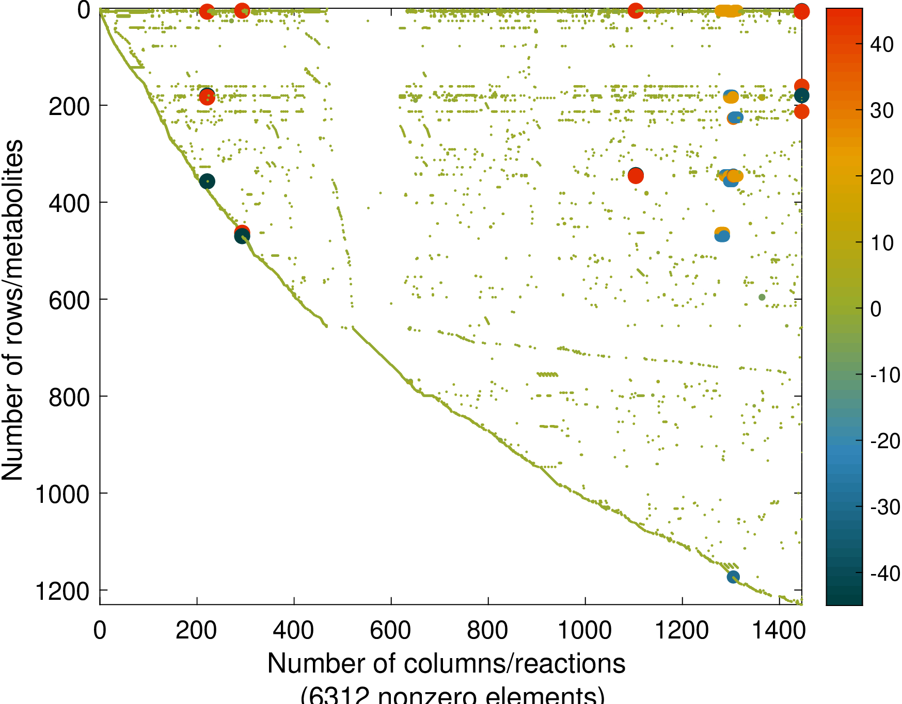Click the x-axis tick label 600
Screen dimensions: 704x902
click(x=390, y=630)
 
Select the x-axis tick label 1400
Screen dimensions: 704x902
click(x=779, y=630)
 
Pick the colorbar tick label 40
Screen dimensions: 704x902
click(x=882, y=45)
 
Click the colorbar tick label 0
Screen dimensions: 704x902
click(x=876, y=309)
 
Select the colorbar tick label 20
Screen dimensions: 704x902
click(x=882, y=177)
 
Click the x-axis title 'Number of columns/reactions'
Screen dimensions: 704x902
click(x=446, y=664)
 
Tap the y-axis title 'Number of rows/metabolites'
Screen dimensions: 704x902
click(x=13, y=309)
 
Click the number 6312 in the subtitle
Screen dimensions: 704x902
click(x=339, y=695)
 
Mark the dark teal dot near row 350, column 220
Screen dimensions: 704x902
click(x=207, y=182)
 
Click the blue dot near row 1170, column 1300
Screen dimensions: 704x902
click(x=733, y=577)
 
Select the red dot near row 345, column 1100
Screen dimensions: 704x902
click(x=636, y=176)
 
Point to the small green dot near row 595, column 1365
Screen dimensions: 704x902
click(x=762, y=297)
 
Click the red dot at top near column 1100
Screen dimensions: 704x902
click(x=636, y=10)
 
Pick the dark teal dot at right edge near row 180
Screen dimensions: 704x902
click(x=801, y=95)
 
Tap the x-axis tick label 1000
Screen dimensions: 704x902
click(x=584, y=630)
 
